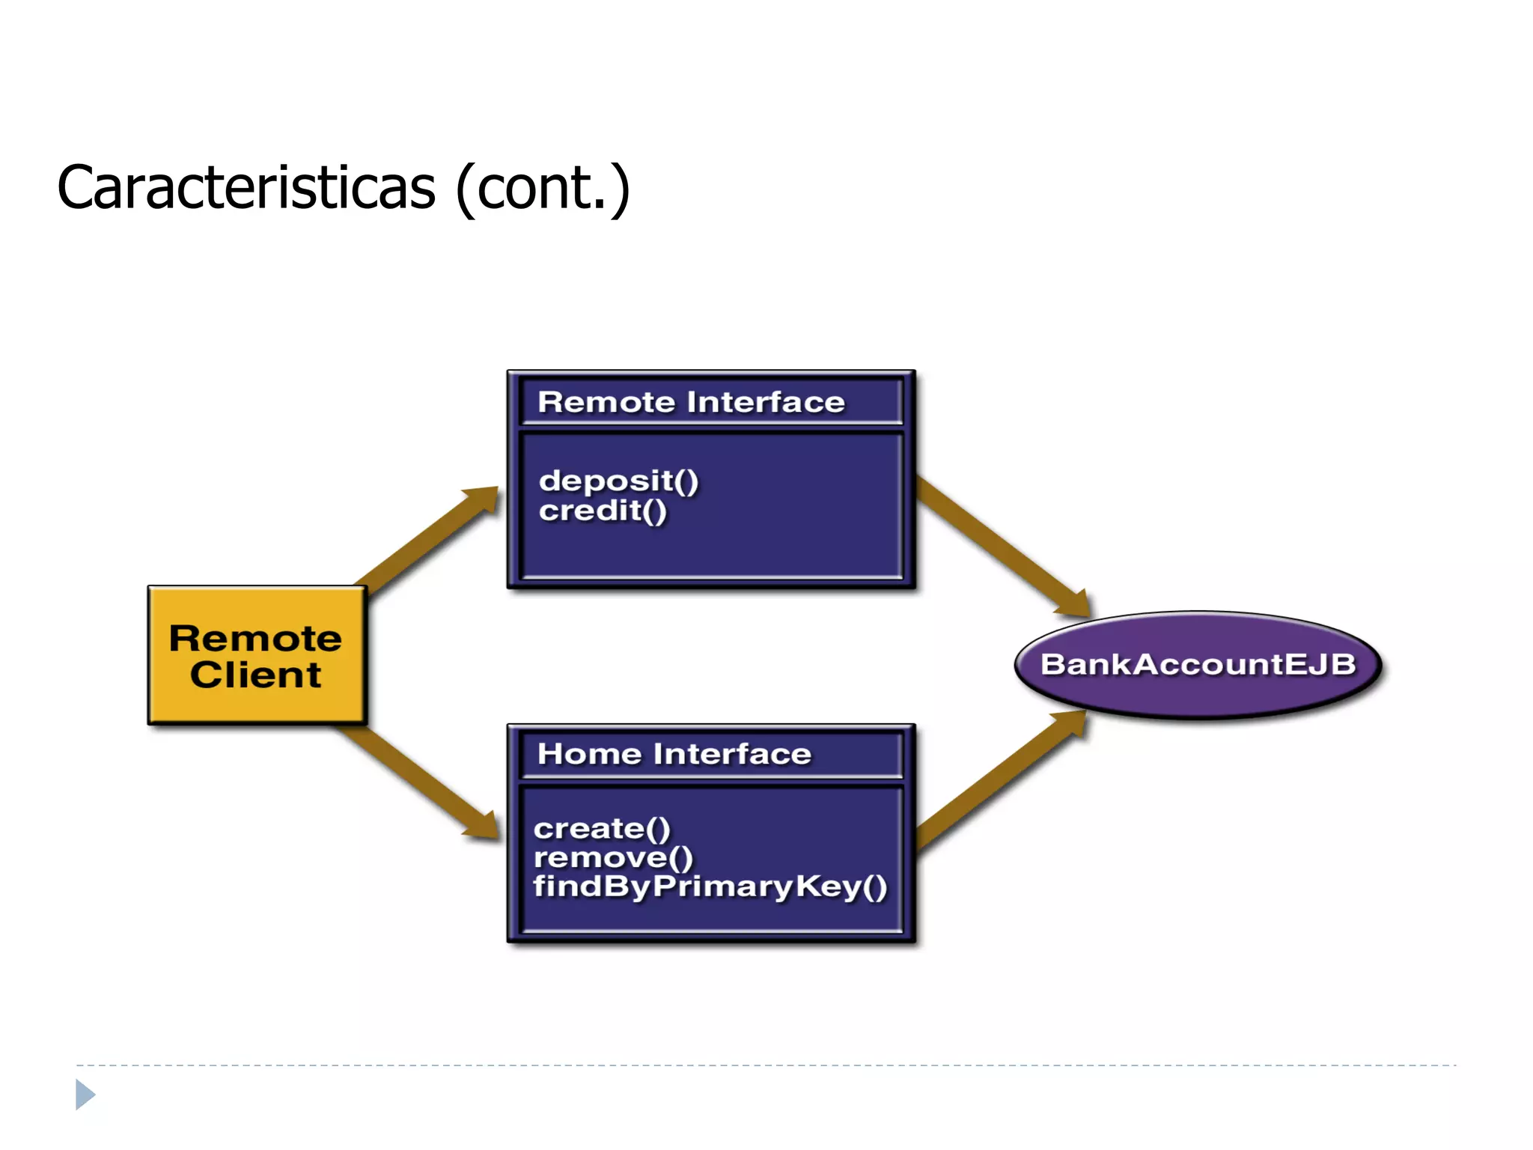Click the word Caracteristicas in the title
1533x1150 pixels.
pyautogui.click(x=246, y=187)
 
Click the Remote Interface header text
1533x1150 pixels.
pyautogui.click(x=690, y=402)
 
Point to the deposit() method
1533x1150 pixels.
pyautogui.click(x=618, y=480)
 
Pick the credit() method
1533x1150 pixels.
pyautogui.click(x=602, y=511)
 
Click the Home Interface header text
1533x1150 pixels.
pyautogui.click(x=674, y=753)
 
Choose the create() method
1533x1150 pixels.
pyautogui.click(x=601, y=828)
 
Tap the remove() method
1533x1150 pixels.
pyautogui.click(x=613, y=857)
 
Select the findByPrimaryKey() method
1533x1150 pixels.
pyautogui.click(x=709, y=886)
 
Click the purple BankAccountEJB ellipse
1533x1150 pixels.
pyautogui.click(x=1198, y=664)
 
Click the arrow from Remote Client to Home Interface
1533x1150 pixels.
pyautogui.click(x=419, y=782)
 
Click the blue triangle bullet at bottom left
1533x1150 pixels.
pyautogui.click(x=85, y=1095)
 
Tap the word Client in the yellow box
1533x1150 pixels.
pyautogui.click(x=255, y=675)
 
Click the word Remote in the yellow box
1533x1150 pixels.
pyautogui.click(x=255, y=639)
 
